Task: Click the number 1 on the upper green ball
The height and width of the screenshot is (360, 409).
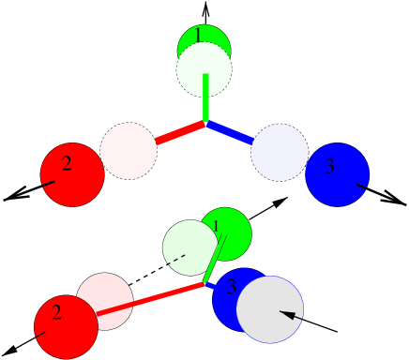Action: click(x=198, y=36)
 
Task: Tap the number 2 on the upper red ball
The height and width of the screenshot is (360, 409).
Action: click(x=67, y=164)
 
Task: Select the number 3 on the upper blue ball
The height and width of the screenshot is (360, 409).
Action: click(x=329, y=167)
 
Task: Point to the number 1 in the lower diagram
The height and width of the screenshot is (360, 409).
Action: click(x=216, y=227)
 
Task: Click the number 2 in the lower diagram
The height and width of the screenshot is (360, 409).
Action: click(x=56, y=313)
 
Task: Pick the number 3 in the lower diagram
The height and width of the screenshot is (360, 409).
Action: click(x=232, y=288)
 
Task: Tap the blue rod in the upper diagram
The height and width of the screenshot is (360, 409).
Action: click(x=230, y=133)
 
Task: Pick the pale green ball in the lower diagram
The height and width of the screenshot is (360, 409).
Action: click(x=188, y=246)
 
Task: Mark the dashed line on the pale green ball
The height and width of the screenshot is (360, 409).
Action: click(x=176, y=258)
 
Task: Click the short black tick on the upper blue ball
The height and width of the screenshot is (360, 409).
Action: click(x=359, y=187)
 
